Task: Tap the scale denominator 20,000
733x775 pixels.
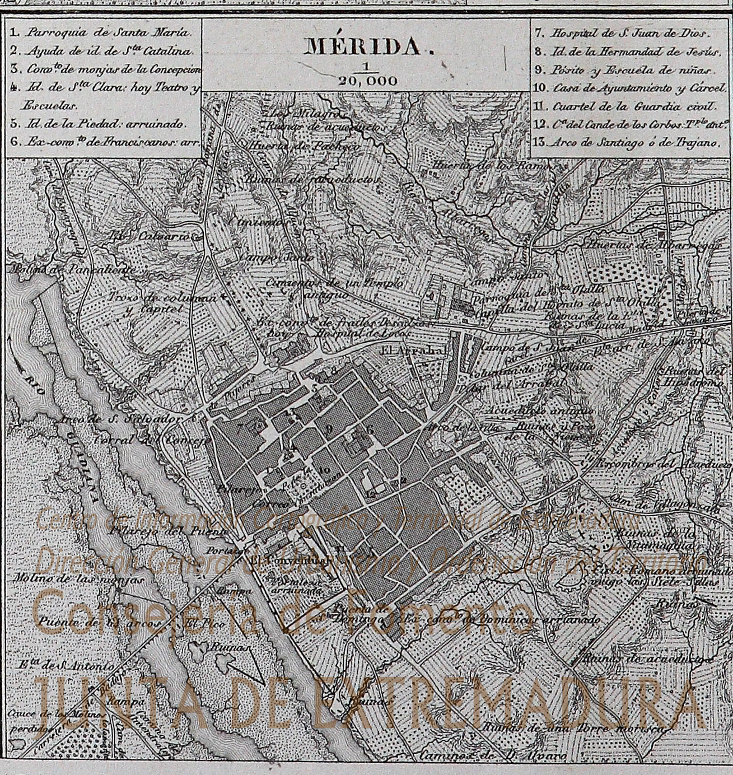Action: point(367,81)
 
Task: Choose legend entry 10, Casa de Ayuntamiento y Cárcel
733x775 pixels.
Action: point(629,88)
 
